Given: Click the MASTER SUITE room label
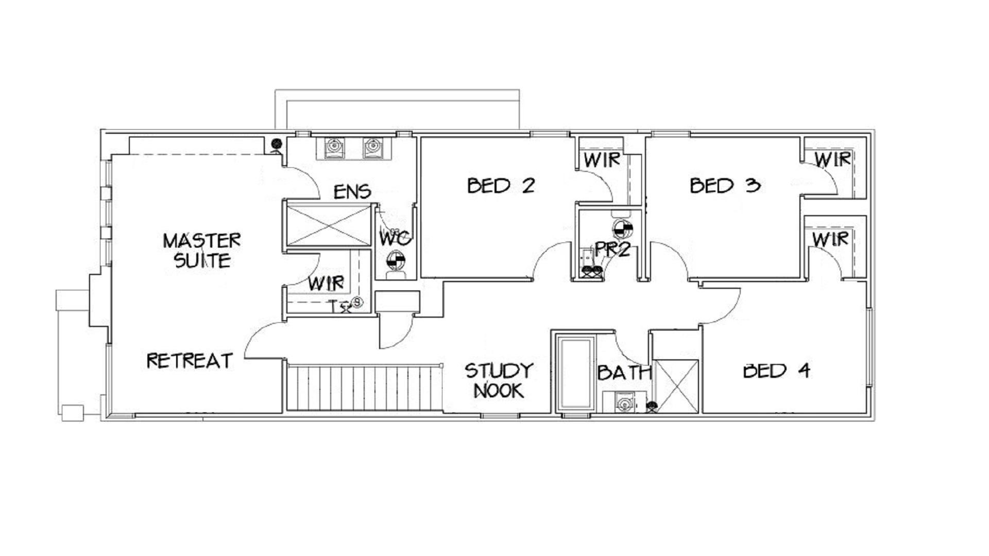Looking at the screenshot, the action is [202, 251].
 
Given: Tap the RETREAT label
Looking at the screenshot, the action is [190, 360].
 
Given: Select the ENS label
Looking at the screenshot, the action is [352, 192].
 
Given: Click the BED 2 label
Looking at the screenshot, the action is [501, 185].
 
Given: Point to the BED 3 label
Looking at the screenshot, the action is [725, 185].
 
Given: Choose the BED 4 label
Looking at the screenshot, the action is [776, 371].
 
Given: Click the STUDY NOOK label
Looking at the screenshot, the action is [499, 380].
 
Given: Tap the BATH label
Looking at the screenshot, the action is [624, 372].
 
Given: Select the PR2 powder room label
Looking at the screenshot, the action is [612, 250].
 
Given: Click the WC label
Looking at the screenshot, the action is [395, 238].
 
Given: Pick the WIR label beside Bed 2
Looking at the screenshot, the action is [602, 160].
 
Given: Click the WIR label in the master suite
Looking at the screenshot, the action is [326, 283].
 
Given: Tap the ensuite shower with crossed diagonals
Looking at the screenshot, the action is [329, 225].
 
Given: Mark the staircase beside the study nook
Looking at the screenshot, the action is [365, 388].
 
